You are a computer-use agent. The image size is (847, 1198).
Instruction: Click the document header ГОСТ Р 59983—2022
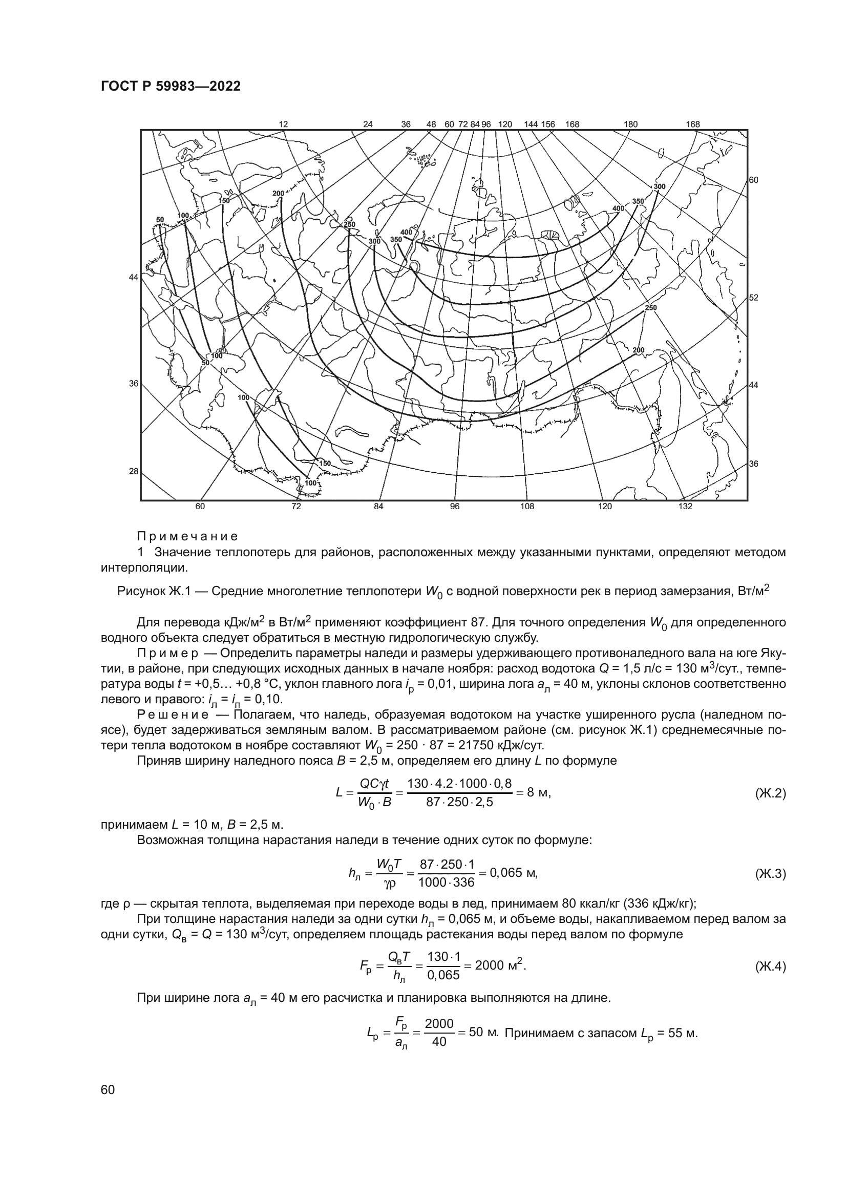[x=171, y=87]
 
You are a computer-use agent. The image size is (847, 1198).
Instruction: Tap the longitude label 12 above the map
[x=283, y=124]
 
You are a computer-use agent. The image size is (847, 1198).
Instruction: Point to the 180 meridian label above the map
[x=630, y=124]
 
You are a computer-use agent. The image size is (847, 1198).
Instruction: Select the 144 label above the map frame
[x=531, y=124]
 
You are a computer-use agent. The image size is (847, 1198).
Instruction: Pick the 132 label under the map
[x=685, y=507]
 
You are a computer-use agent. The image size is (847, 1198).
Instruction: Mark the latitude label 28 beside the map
[x=134, y=471]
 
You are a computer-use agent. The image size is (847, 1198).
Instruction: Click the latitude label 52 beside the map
[x=754, y=298]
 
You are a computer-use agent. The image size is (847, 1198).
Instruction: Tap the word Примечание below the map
[x=187, y=536]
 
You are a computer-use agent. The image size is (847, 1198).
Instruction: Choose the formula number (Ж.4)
[x=770, y=967]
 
